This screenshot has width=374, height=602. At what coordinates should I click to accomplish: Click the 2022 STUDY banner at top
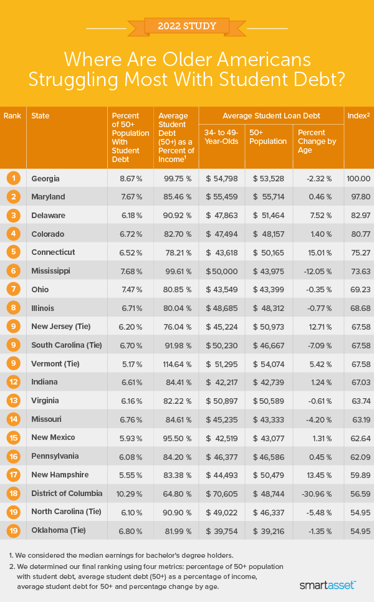(x=187, y=26)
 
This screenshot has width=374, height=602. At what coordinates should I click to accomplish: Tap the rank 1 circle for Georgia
(x=12, y=178)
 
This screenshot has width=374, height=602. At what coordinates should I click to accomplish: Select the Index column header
(x=356, y=116)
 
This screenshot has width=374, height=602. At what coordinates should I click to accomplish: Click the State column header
(x=41, y=116)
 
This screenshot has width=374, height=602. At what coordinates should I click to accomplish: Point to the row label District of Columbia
(x=67, y=494)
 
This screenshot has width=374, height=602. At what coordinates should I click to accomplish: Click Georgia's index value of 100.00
(x=359, y=178)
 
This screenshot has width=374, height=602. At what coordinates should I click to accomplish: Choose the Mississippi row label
(x=51, y=271)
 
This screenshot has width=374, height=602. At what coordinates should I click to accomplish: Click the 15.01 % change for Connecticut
(x=317, y=252)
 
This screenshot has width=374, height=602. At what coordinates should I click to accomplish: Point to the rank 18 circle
(x=12, y=494)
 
